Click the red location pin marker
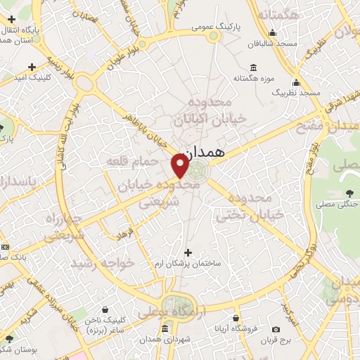pyautogui.click(x=180, y=165)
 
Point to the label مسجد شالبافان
pyautogui.click(x=273, y=43)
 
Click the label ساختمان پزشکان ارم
pyautogui.click(x=187, y=264)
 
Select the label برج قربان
pyautogui.click(x=276, y=340)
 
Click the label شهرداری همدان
pyautogui.click(x=165, y=340)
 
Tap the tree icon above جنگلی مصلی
pyautogui.click(x=349, y=193)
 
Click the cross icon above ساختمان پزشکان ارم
pyautogui.click(x=187, y=252)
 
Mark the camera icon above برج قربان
pyautogui.click(x=276, y=329)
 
